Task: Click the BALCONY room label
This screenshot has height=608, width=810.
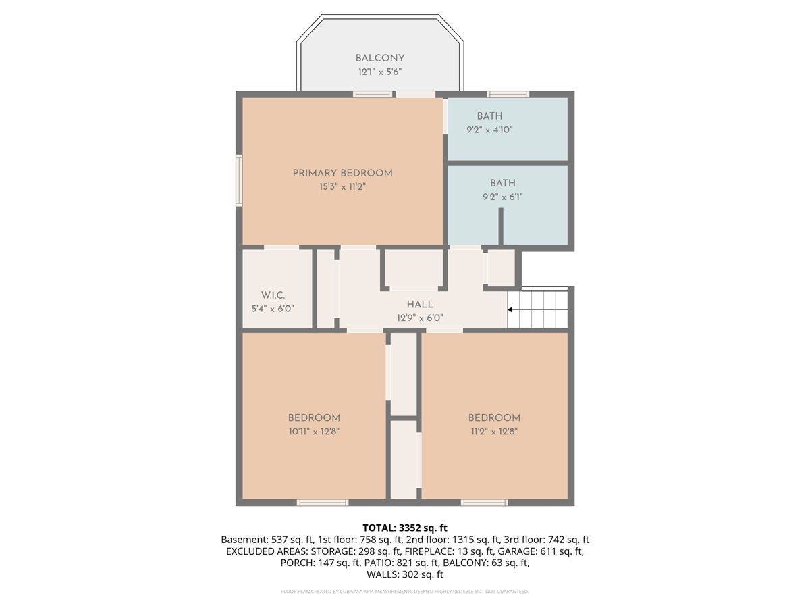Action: [x=380, y=58]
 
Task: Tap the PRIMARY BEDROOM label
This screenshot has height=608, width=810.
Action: [x=342, y=173]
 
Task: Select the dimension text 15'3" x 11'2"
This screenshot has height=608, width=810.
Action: [x=342, y=187]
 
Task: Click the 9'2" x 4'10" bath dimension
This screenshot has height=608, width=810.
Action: [x=489, y=130]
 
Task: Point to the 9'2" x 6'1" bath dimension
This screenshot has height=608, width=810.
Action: [x=503, y=197]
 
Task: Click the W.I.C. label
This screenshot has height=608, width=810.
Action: [x=273, y=295]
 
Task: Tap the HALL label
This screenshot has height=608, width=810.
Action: [x=420, y=305]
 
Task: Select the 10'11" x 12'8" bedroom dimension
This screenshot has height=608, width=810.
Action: [x=314, y=432]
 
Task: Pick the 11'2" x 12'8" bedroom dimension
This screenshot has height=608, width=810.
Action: [x=494, y=432]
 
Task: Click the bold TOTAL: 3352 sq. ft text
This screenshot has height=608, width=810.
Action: [x=405, y=528]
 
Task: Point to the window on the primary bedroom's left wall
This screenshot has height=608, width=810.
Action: [x=239, y=180]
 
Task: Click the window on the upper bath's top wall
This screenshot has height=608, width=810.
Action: [x=508, y=94]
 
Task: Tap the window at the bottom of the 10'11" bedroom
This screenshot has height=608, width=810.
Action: [x=323, y=503]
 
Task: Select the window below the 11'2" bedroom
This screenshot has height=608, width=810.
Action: [x=484, y=503]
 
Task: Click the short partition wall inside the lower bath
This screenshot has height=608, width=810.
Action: [x=501, y=226]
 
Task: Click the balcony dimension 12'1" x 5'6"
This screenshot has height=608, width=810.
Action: [x=380, y=72]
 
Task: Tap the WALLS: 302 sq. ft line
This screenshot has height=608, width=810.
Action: [x=405, y=574]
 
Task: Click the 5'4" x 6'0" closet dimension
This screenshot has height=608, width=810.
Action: [x=273, y=309]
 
